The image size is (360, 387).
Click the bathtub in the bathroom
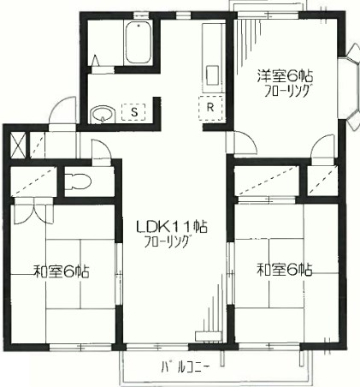[x=139, y=43]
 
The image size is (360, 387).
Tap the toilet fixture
[x=77, y=182]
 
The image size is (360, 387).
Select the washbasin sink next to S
[x=103, y=115]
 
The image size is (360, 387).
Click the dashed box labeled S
[x=133, y=111]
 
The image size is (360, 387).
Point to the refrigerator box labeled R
[x=210, y=108]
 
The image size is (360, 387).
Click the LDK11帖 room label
[x=171, y=227]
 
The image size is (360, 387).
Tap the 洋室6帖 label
[x=285, y=75]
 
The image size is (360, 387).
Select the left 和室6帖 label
[x=62, y=271]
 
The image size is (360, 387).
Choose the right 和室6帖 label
[x=285, y=270]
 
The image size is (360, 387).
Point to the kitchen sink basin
[x=212, y=75]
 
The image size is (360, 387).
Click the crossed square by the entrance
[x=18, y=145]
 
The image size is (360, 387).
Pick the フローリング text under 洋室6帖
[x=287, y=91]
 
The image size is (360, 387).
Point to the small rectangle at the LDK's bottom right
[x=209, y=336]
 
